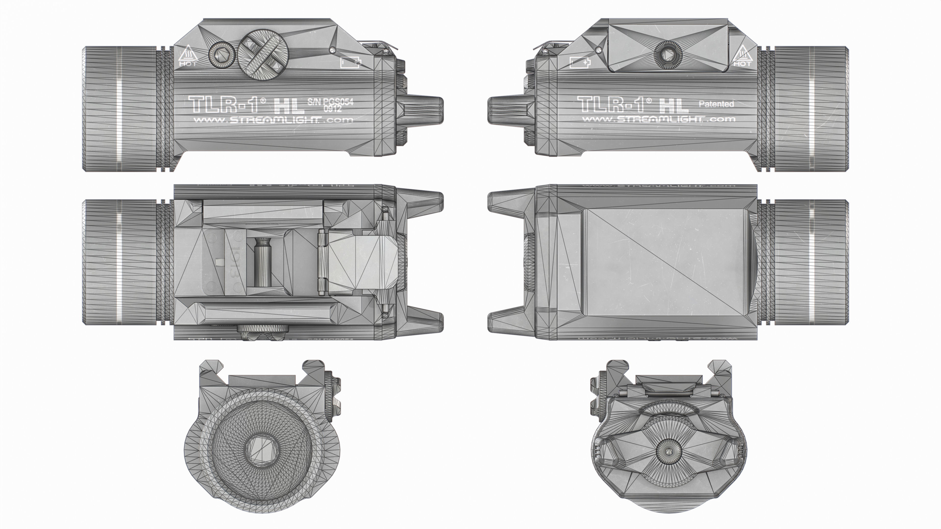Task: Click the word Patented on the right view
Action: (716, 104)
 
